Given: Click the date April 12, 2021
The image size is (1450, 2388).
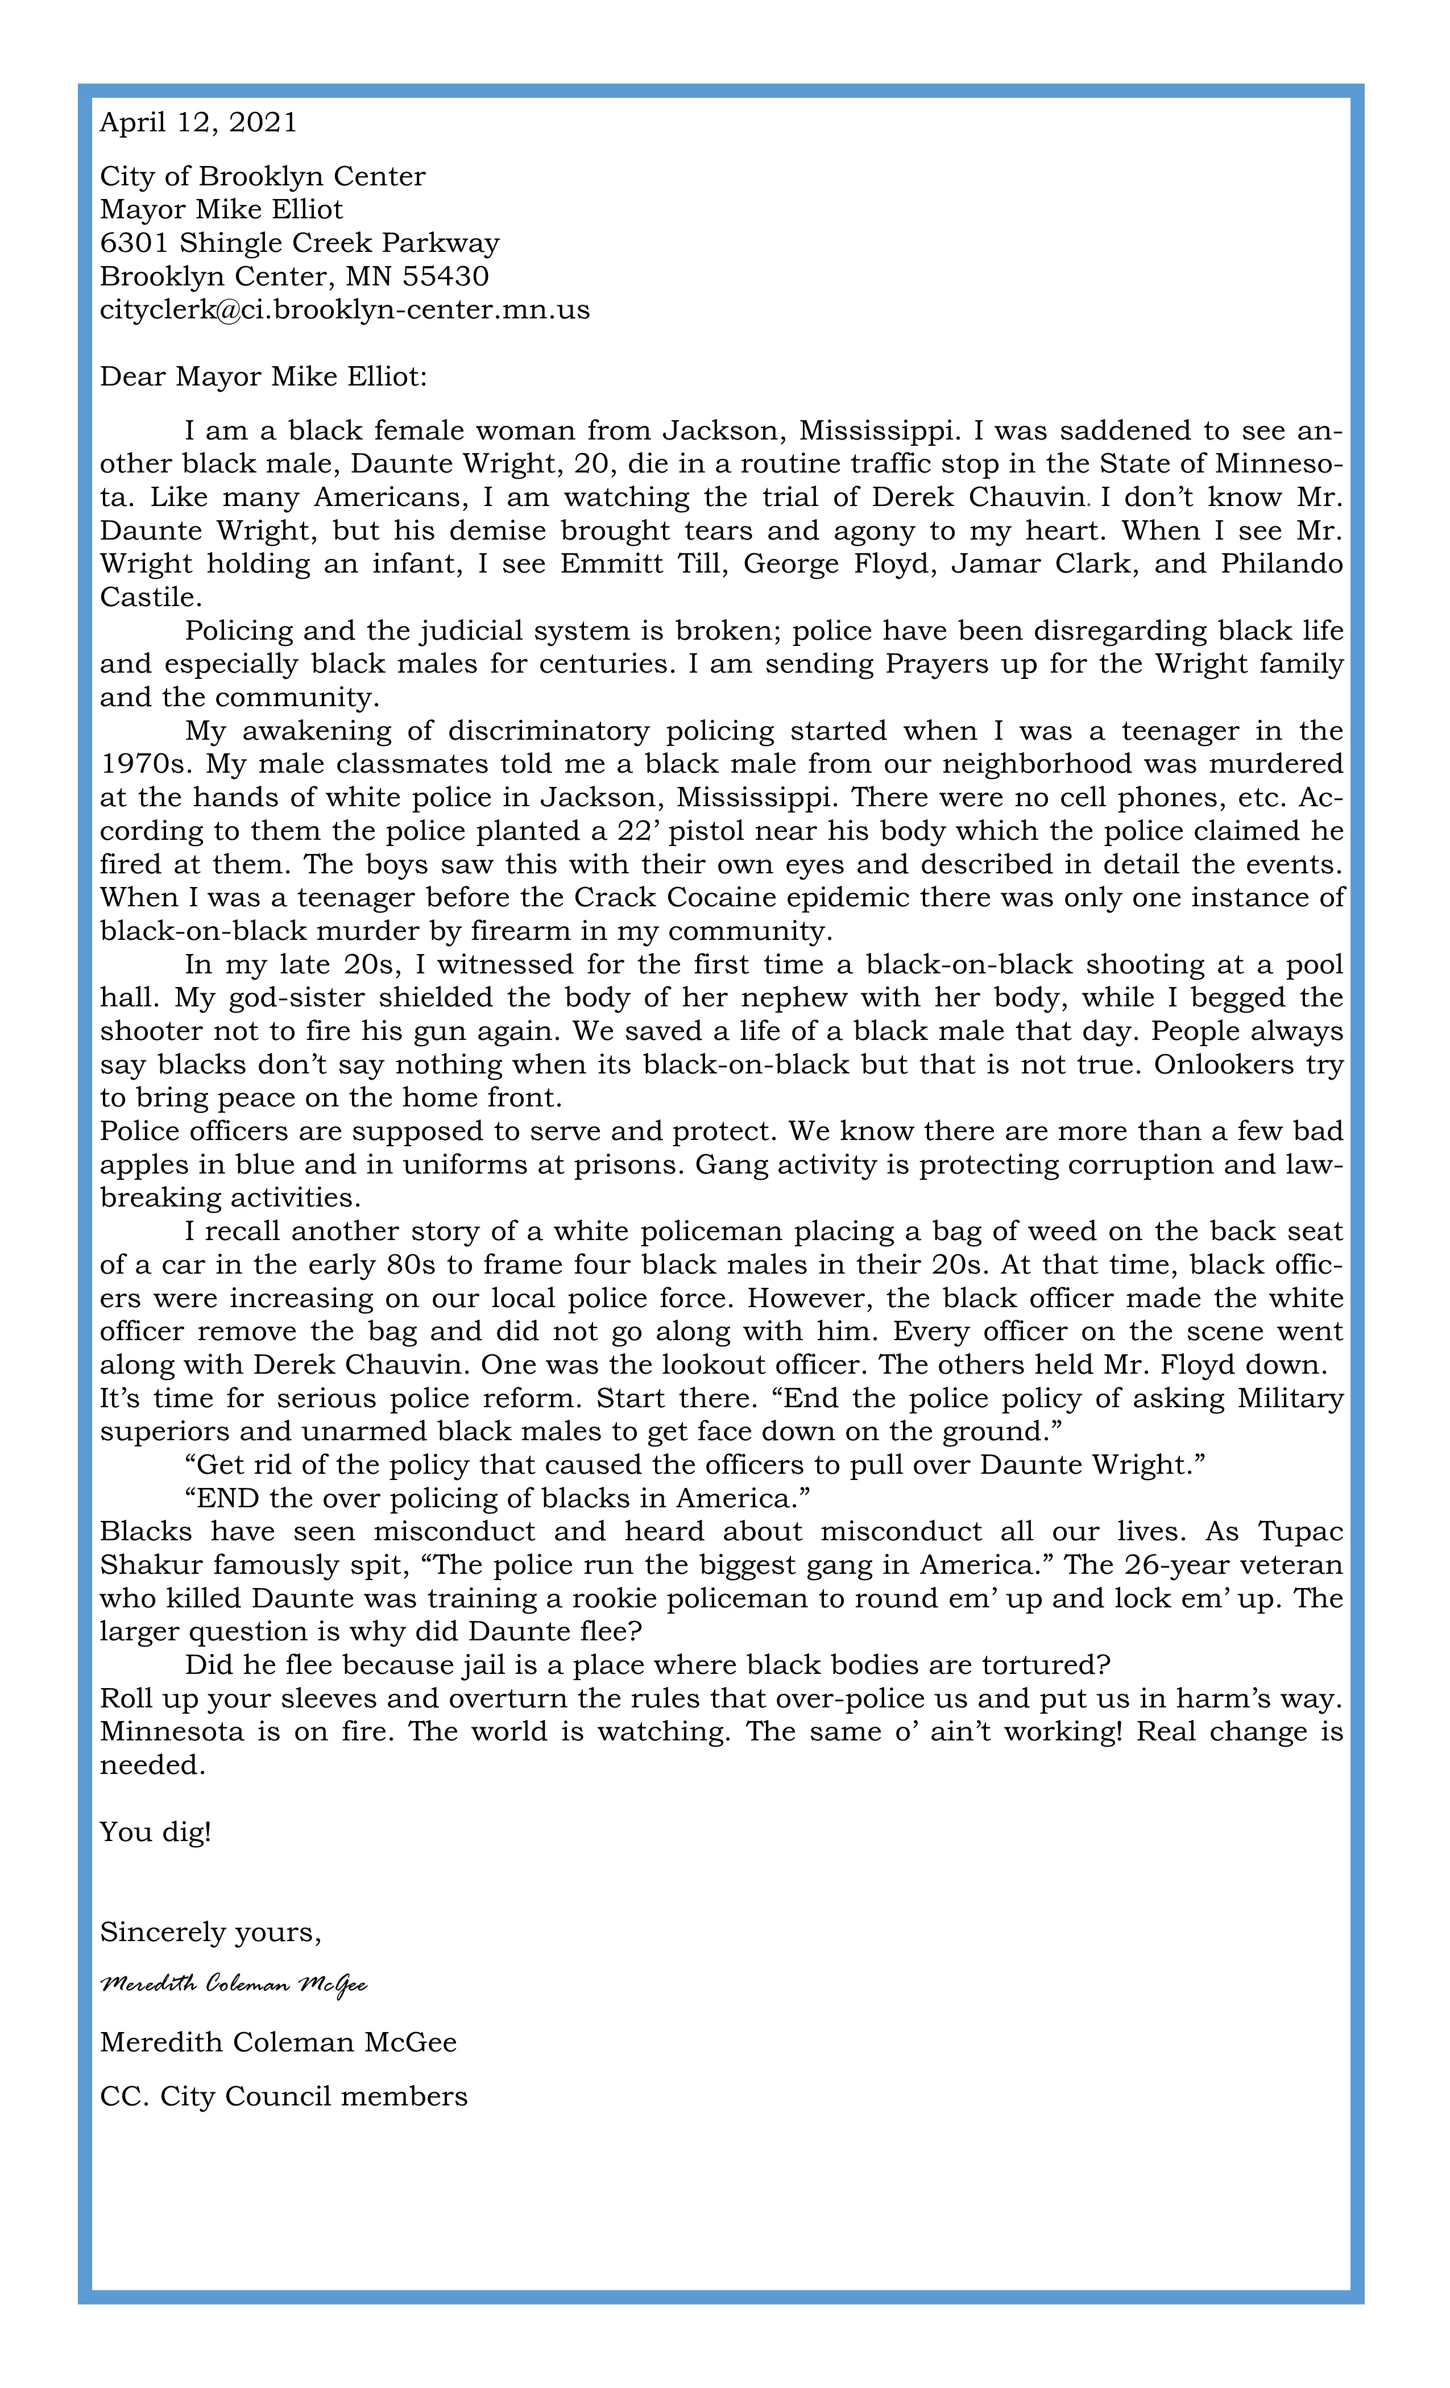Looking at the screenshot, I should [198, 122].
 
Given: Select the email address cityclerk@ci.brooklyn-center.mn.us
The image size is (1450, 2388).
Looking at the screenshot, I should [345, 310].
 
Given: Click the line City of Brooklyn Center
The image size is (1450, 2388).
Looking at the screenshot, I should [263, 176].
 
